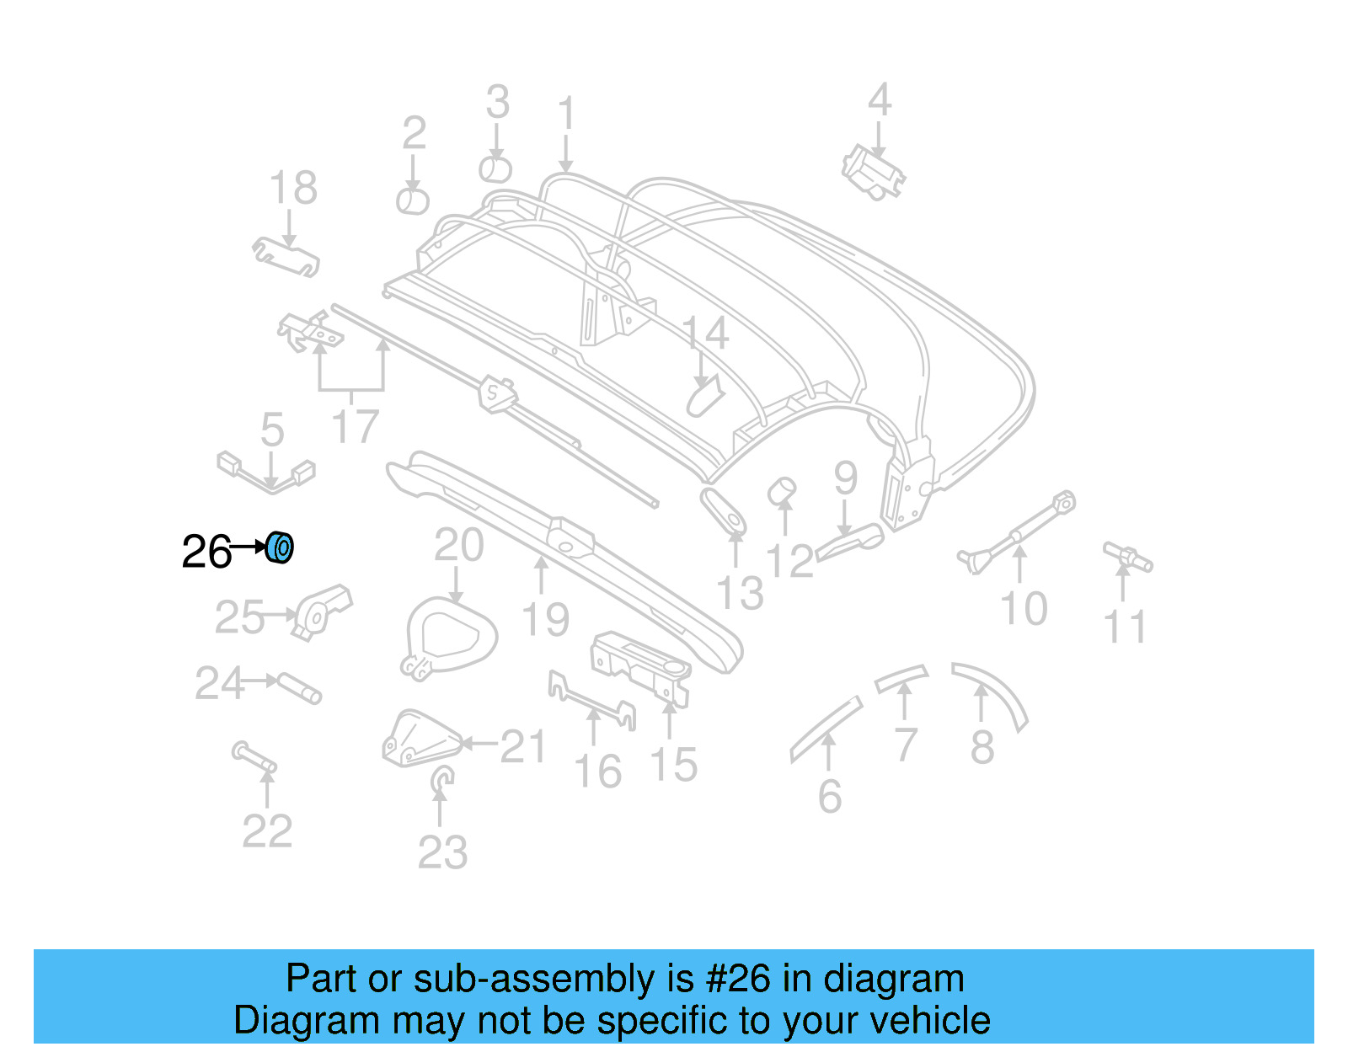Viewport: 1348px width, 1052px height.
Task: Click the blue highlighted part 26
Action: [x=280, y=548]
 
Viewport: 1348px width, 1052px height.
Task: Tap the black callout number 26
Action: [x=206, y=553]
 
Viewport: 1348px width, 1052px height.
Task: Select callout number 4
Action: [x=880, y=100]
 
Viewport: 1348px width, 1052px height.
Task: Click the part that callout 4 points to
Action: [x=874, y=174]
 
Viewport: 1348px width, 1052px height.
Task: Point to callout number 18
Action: [x=293, y=188]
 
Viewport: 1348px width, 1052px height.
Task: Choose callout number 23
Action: [x=442, y=852]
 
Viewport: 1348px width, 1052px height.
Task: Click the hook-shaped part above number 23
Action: [x=441, y=780]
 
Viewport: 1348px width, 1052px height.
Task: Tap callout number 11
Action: [x=1126, y=627]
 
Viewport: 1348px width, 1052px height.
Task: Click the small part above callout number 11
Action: [x=1128, y=556]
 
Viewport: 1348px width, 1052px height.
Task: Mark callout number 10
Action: [x=1024, y=608]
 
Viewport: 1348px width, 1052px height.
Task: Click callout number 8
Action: [x=982, y=747]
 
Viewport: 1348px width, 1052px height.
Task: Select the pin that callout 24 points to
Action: [x=300, y=687]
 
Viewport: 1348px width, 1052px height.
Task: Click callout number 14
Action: [x=704, y=334]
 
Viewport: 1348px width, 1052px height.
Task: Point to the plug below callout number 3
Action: [x=495, y=169]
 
